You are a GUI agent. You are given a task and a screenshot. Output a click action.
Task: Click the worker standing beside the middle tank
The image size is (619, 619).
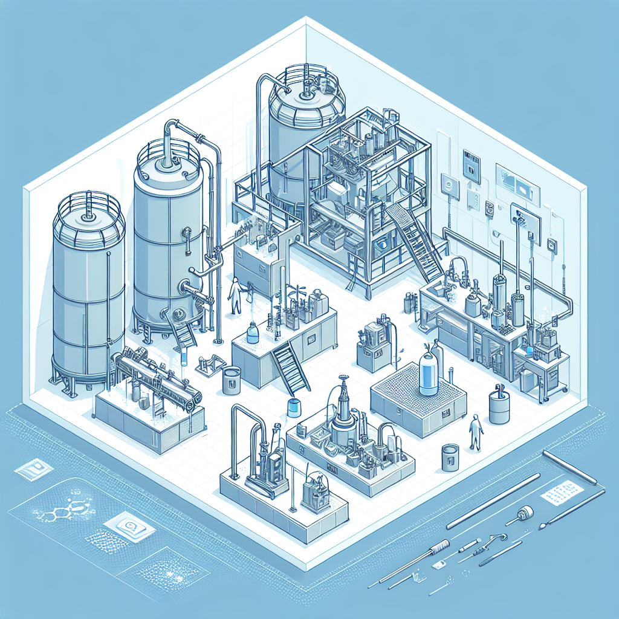[x=235, y=296]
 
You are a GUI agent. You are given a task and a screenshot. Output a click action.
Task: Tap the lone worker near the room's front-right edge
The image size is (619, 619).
[x=476, y=432]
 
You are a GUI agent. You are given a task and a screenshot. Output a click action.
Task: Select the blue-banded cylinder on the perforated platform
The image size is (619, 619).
[x=428, y=374]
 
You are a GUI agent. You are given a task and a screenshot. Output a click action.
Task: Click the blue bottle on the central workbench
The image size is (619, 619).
[x=253, y=334]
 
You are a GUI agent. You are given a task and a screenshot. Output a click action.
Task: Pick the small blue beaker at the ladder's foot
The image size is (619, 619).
[x=294, y=407]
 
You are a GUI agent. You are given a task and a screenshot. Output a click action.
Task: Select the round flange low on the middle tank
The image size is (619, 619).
[x=179, y=315]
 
